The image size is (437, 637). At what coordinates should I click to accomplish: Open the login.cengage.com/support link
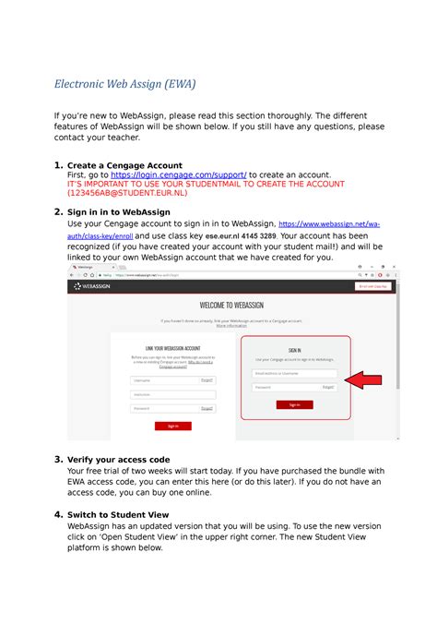click(178, 174)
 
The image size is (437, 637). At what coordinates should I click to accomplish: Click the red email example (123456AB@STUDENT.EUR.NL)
click(126, 194)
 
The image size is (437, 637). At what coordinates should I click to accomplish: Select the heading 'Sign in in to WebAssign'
click(119, 212)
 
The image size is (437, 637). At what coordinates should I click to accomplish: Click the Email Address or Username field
click(294, 373)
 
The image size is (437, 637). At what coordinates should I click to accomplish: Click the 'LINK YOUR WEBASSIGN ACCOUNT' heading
click(172, 349)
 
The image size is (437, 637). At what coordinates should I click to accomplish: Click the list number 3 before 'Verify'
click(58, 459)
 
